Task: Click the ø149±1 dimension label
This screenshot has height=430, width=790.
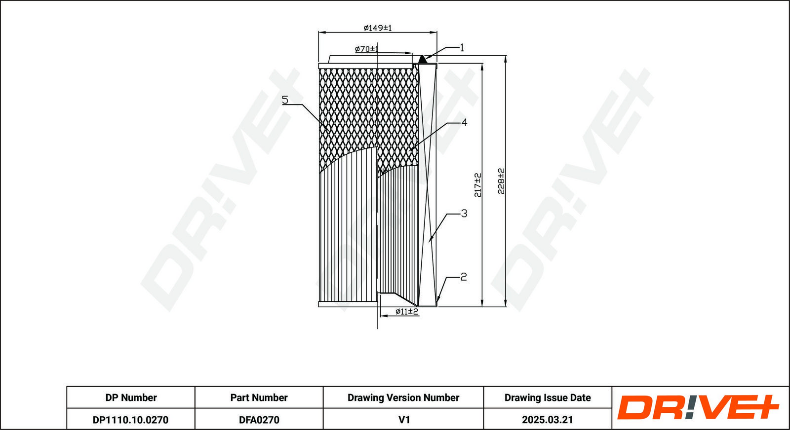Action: pyautogui.click(x=377, y=28)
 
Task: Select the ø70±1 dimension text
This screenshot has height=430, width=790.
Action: pyautogui.click(x=366, y=49)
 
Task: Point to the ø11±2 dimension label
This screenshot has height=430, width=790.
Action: pyautogui.click(x=406, y=311)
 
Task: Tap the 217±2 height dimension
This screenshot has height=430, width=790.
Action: pyautogui.click(x=477, y=185)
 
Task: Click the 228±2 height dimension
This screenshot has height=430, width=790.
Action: pyautogui.click(x=501, y=180)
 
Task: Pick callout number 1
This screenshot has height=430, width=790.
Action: pyautogui.click(x=462, y=48)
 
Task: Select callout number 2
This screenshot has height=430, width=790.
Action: pyautogui.click(x=463, y=277)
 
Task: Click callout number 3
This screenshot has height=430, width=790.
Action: pyautogui.click(x=464, y=214)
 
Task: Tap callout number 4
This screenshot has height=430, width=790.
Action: pyautogui.click(x=464, y=122)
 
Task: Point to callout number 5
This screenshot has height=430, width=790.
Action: pyautogui.click(x=285, y=100)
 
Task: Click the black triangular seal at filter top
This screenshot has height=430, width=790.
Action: pyautogui.click(x=422, y=60)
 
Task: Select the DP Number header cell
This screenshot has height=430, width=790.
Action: pyautogui.click(x=131, y=397)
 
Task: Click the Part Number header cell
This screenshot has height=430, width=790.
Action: pyautogui.click(x=259, y=397)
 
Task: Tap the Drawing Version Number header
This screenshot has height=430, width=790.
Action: pyautogui.click(x=403, y=397)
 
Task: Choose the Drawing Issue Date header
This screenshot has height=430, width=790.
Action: pyautogui.click(x=547, y=397)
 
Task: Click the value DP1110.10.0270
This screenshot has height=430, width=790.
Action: pyautogui.click(x=130, y=420)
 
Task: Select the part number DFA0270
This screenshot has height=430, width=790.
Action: pyautogui.click(x=259, y=420)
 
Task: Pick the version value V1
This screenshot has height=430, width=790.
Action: pyautogui.click(x=403, y=420)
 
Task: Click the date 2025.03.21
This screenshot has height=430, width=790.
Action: pyautogui.click(x=547, y=420)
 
